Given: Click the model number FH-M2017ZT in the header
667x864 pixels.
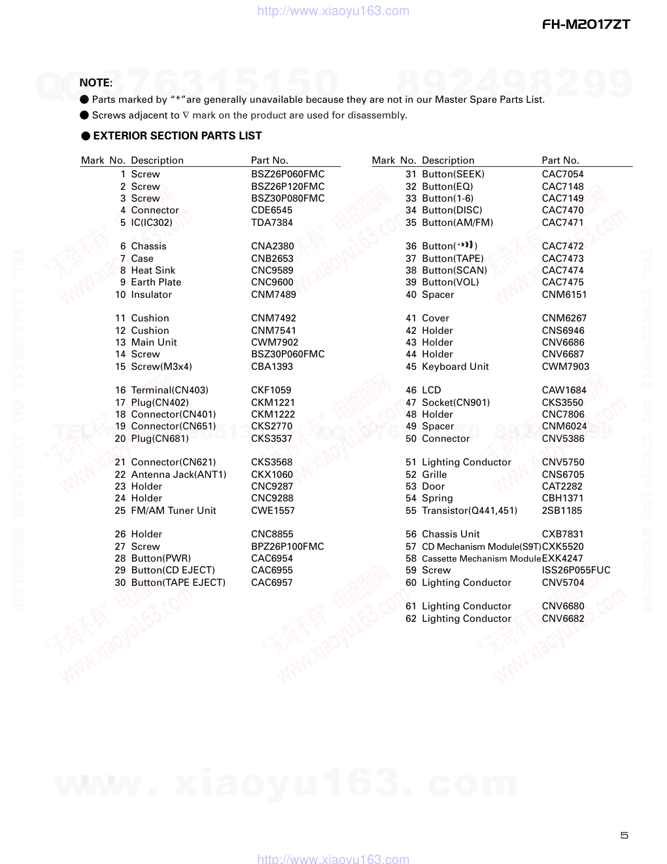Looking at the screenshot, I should click(x=586, y=25).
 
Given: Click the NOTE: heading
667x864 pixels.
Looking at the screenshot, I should click(x=95, y=82).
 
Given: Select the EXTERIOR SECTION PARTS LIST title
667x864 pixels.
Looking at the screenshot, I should click(x=177, y=135).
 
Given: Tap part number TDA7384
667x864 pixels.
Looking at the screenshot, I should click(x=271, y=223).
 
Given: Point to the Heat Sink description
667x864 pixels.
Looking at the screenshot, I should click(x=153, y=270).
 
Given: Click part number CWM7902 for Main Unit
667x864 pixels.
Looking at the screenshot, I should click(x=275, y=342).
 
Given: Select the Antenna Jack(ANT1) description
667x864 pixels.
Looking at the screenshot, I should click(x=179, y=475).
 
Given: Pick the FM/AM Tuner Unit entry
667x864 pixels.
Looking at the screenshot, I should click(x=173, y=511).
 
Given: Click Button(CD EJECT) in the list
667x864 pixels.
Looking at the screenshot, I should click(x=173, y=570).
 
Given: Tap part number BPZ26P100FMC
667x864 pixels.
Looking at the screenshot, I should click(x=287, y=547).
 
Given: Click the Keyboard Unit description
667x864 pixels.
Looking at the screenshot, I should click(x=455, y=367).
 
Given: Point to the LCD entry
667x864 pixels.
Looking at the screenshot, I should click(x=432, y=390).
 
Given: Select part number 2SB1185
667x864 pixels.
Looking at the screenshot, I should click(x=562, y=511).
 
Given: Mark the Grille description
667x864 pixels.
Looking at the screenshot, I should click(x=434, y=475).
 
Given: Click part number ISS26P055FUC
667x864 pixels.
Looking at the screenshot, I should click(x=575, y=570).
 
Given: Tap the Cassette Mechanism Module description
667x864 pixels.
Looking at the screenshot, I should click(x=481, y=558).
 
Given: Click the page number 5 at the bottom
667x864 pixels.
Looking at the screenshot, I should click(x=624, y=835).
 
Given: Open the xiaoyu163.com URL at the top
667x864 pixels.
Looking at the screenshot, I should click(x=333, y=10).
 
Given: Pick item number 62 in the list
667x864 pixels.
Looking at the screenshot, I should click(x=411, y=619).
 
